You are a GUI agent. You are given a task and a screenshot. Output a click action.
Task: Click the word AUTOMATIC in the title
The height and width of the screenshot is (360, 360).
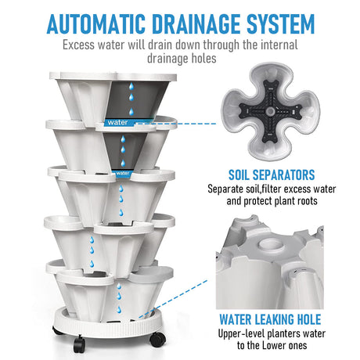point(96,24)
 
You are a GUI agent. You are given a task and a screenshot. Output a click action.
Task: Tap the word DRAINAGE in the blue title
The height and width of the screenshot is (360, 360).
point(196,24)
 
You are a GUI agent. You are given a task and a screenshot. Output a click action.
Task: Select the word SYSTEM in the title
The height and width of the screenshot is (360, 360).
point(281,24)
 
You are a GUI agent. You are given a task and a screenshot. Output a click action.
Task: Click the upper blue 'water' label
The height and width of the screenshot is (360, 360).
point(117,122)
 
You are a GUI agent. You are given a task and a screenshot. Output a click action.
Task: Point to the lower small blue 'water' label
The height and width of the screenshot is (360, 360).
point(123,173)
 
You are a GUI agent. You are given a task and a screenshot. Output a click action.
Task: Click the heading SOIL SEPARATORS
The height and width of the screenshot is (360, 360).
point(272,175)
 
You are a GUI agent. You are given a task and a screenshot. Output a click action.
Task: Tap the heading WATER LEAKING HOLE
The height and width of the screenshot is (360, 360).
point(270,319)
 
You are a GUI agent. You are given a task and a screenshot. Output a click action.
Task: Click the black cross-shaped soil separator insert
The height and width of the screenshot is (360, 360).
point(271,112)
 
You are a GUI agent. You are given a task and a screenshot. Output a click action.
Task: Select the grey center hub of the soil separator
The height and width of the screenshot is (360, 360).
point(271,112)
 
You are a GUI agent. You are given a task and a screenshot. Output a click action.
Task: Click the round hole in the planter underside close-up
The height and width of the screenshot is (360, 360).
point(271,245)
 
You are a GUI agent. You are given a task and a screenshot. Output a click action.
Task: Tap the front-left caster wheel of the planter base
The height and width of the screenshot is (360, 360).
point(79,344)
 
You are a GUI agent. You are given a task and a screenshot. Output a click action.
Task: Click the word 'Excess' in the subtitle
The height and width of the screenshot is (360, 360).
point(78,45)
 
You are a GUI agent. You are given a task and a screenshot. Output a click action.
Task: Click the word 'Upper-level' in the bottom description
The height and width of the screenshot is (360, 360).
point(242,334)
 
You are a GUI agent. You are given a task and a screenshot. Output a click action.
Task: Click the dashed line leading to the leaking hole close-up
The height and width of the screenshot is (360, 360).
point(173,299)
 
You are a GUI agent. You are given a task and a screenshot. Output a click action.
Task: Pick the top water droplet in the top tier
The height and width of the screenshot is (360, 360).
point(131,86)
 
